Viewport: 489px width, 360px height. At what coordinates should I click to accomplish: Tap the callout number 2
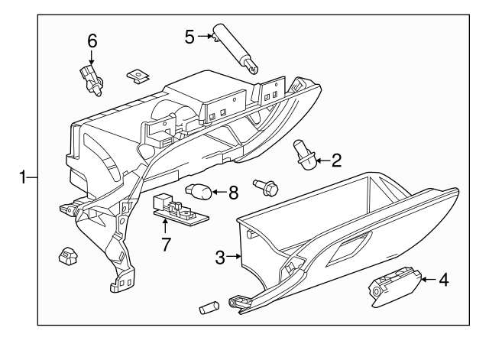(x=337, y=161)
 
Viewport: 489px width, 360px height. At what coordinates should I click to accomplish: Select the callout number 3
(x=220, y=258)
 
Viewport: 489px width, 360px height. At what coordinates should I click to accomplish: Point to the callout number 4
(x=444, y=281)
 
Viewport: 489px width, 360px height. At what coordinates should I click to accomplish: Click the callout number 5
(x=189, y=34)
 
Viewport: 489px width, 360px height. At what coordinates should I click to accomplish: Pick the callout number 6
(x=92, y=41)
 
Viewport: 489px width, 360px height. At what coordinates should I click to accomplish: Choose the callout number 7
(x=164, y=245)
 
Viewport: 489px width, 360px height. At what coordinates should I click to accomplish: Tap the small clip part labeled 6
(x=89, y=79)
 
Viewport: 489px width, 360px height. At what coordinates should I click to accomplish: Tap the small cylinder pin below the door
(x=209, y=307)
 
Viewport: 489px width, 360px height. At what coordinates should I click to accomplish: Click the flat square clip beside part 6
(x=136, y=76)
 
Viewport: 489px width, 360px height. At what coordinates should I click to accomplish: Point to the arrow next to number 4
(x=425, y=281)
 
